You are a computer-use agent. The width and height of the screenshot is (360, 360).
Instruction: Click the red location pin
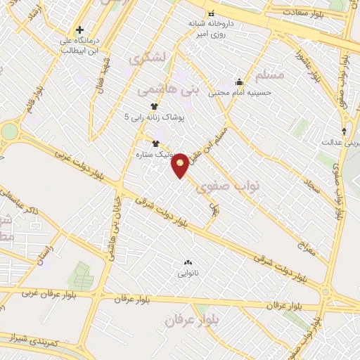coord(181,165)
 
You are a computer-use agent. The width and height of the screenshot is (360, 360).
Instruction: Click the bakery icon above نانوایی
coord(188,262)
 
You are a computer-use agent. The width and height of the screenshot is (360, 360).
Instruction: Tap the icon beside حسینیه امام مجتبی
coord(239,81)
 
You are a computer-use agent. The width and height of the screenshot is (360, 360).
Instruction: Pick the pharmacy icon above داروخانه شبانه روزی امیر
coord(210,13)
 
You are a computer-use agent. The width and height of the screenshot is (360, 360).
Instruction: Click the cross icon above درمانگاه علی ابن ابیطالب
coord(80,30)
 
